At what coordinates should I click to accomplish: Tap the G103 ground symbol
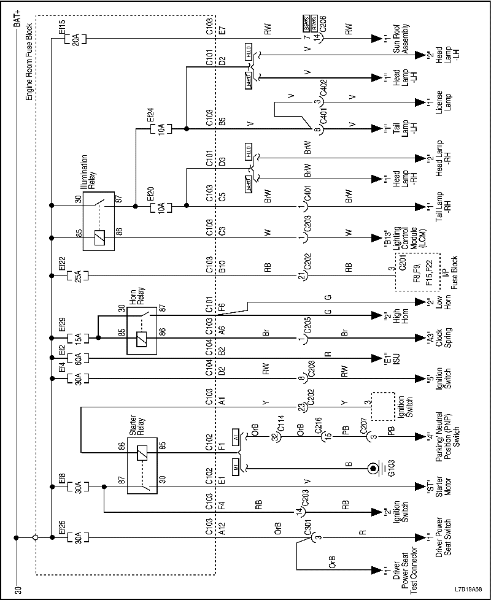(x=372, y=469)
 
